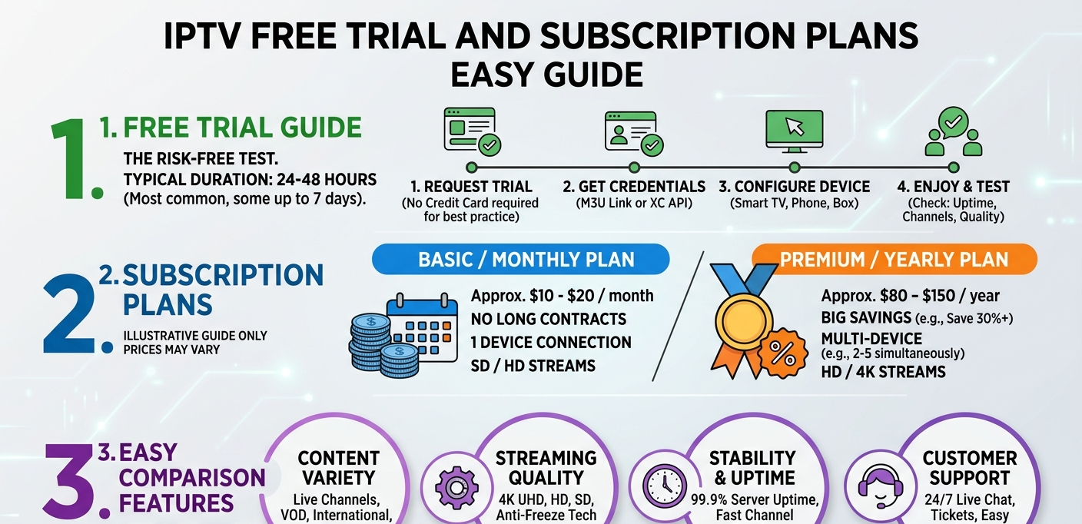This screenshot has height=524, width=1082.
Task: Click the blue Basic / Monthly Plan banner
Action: click(521, 260)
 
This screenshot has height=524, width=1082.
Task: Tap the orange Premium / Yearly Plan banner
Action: click(894, 260)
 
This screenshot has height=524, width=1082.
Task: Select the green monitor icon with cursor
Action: click(795, 131)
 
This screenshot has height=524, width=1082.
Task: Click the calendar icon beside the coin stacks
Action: click(422, 327)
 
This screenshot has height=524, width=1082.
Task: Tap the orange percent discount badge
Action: click(782, 353)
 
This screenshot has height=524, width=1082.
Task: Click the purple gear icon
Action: click(456, 488)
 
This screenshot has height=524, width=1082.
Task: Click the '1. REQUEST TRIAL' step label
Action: click(471, 187)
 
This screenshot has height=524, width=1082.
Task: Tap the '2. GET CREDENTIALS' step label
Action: click(634, 187)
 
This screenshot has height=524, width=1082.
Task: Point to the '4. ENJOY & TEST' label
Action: click(953, 187)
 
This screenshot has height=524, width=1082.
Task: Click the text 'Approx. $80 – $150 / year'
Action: click(910, 296)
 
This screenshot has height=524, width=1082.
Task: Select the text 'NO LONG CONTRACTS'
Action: click(548, 319)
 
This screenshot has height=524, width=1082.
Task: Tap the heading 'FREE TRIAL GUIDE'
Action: click(243, 128)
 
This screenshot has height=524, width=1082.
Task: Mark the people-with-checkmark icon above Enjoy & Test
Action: click(953, 131)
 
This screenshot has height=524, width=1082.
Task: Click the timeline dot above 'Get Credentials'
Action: click(634, 167)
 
